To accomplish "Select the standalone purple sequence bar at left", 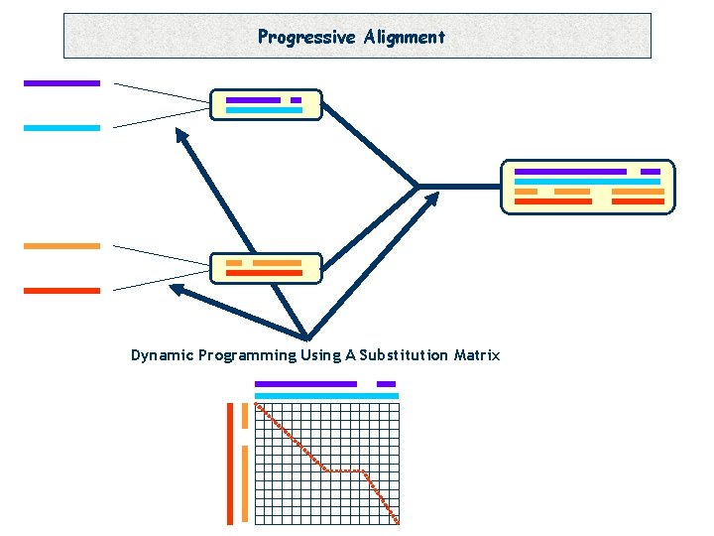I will click(x=61, y=83).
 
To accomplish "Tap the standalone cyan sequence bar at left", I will click(x=61, y=128).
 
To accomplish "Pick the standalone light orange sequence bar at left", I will click(x=61, y=245).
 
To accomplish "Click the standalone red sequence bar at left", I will click(x=61, y=291).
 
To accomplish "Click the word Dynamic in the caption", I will click(x=162, y=355).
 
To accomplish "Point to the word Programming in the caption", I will click(x=247, y=355).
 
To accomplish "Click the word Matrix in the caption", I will click(x=476, y=355).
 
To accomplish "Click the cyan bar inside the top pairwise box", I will click(x=264, y=110).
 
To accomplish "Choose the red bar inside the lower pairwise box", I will click(x=264, y=272).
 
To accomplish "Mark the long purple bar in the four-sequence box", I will click(x=570, y=172).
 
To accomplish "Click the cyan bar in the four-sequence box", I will click(x=587, y=182).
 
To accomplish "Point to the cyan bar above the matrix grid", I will click(x=326, y=395).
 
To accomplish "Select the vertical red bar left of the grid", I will click(x=230, y=463).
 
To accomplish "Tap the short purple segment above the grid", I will click(x=386, y=384).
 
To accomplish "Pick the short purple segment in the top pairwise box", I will click(x=296, y=100).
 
